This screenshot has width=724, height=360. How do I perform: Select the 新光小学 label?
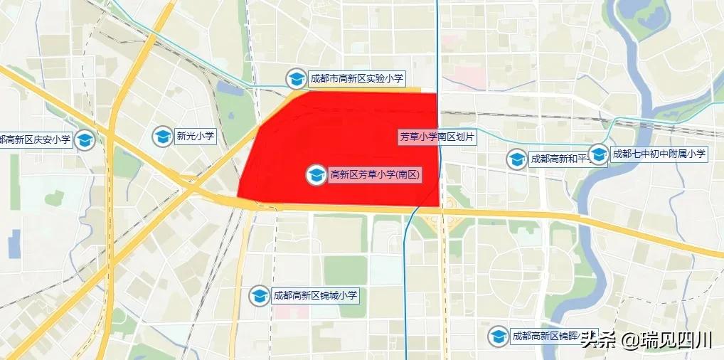coord(196,136)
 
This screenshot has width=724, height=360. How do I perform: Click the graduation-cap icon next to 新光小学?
coord(163,136)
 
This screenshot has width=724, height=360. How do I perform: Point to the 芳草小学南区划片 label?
coord(437,137)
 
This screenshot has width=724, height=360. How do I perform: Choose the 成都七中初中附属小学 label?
coord(659,154)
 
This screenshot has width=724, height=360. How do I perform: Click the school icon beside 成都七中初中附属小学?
coord(599,154)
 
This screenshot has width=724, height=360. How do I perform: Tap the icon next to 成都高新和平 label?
coord(516,159)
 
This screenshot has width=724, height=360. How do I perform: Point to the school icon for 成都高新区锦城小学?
coord(259,296)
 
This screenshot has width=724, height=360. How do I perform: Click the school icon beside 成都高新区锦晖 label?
coord(498,336)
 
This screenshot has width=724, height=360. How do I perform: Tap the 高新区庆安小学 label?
coord(36,140)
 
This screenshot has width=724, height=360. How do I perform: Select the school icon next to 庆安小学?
coord(85,140)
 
